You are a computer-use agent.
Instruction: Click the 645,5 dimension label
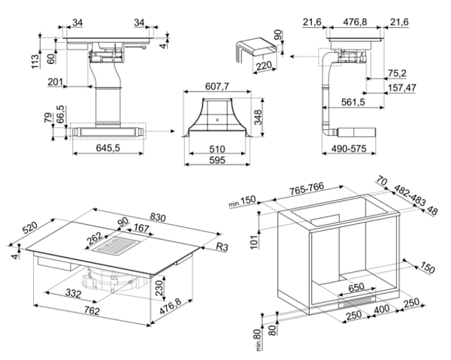pyautogui.click(x=108, y=147)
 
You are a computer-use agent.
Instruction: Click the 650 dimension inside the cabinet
pyautogui.click(x=356, y=286)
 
